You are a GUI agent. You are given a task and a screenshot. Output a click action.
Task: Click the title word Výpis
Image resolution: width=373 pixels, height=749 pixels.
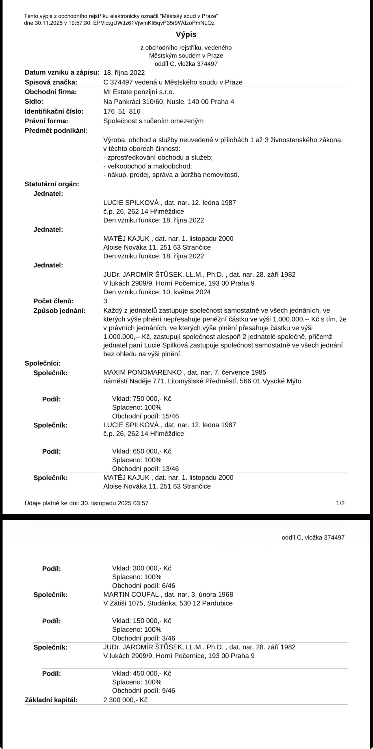coord(186,34)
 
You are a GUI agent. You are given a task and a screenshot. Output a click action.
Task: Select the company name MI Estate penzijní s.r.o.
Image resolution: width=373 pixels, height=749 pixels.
coord(138,92)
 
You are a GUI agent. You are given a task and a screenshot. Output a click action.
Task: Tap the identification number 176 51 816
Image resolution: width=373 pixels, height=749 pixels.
coord(122,111)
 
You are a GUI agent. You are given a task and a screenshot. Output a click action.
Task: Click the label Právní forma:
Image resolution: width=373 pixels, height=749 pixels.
coord(46,121)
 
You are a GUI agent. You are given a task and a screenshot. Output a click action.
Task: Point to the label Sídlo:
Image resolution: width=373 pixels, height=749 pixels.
coord(34,102)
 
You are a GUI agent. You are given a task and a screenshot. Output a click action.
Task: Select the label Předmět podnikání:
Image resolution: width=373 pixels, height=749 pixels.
coord(56,131)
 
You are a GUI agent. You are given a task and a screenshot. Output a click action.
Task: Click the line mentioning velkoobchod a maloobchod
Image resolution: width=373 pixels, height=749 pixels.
coord(148,166)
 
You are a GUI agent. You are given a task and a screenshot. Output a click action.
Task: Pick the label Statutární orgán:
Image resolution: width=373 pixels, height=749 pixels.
coord(52,184)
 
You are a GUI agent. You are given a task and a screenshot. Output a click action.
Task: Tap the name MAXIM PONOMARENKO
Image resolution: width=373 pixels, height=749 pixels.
coord(142,372)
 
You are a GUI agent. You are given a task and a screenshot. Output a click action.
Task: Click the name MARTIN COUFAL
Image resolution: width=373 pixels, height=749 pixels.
coord(131,595)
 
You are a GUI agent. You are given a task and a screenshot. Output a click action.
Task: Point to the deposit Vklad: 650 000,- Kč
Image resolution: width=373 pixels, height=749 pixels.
coord(142,451)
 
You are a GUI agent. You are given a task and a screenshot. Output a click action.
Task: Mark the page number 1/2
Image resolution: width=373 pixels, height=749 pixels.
coord(340,503)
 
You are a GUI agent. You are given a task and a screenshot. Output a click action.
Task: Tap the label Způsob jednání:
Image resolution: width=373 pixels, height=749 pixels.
coord(60,311)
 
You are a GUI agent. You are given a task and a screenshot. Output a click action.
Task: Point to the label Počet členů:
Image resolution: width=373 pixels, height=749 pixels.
coord(53,301)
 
